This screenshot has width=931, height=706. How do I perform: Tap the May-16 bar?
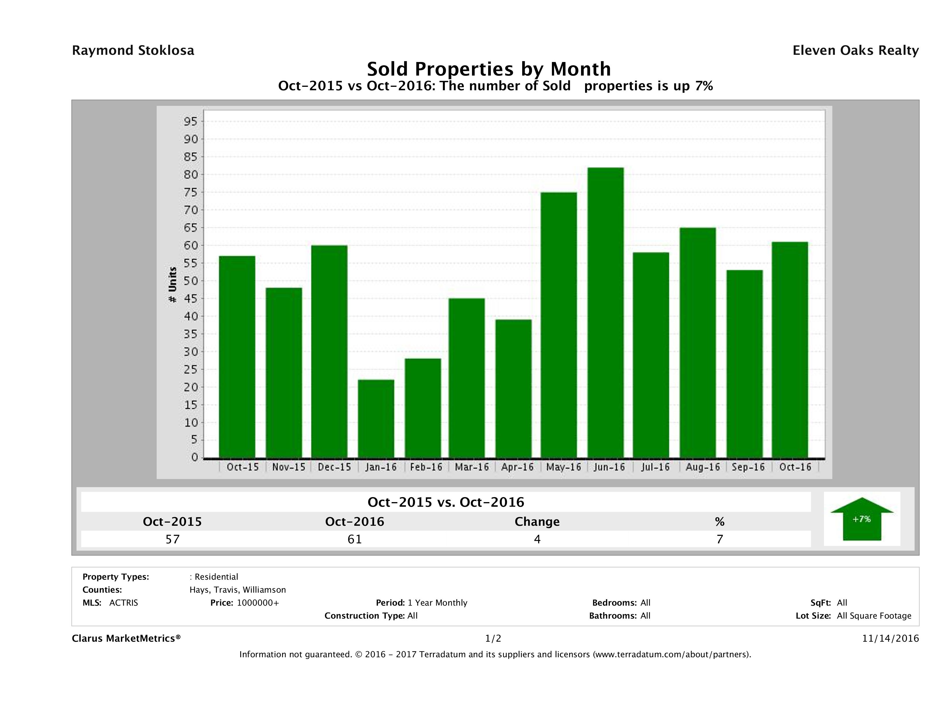[x=559, y=325]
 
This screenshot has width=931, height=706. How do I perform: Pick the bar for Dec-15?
[x=329, y=351]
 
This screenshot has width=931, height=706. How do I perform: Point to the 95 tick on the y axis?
[x=190, y=122]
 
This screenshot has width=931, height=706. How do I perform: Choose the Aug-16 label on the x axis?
[x=703, y=467]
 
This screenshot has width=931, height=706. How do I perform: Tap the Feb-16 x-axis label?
[x=426, y=467]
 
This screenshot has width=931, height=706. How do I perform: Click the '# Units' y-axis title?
[x=173, y=285]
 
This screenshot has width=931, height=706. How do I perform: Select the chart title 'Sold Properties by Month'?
[x=489, y=69]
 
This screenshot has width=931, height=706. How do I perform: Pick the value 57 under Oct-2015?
[x=173, y=539]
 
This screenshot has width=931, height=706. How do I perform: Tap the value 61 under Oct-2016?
[x=355, y=539]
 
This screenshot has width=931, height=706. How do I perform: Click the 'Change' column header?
[x=537, y=522]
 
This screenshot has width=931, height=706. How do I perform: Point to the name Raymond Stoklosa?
[x=133, y=50]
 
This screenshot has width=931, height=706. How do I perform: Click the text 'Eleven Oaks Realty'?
[x=855, y=50]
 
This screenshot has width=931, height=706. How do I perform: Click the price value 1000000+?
[x=258, y=602]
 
